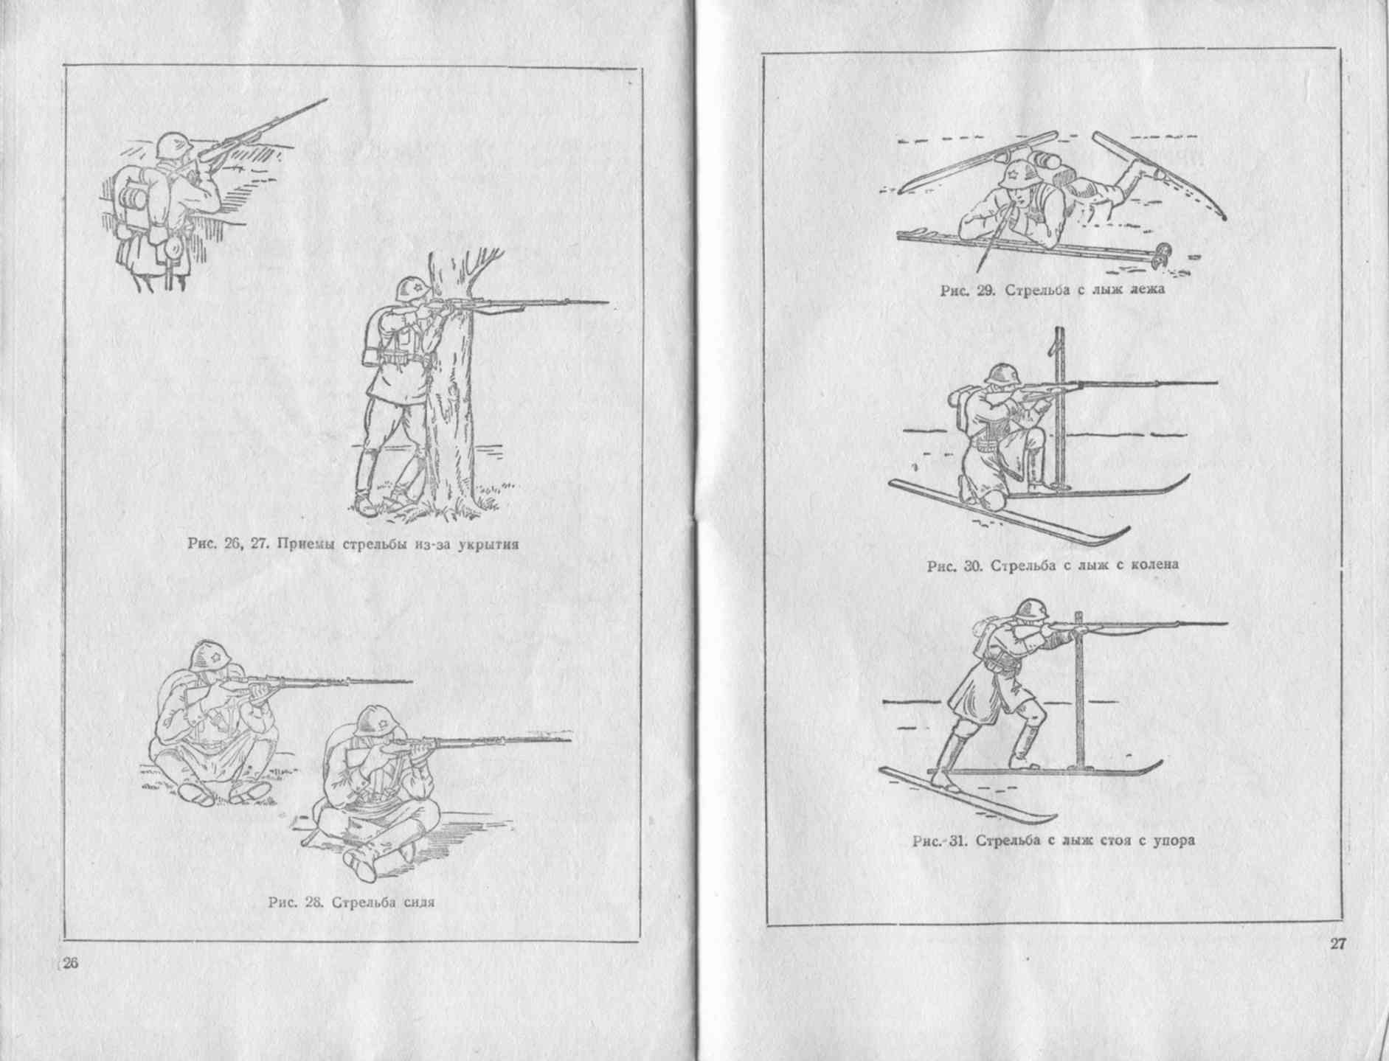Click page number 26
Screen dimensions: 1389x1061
click(x=69, y=964)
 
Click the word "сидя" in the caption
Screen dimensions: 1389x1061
click(x=415, y=903)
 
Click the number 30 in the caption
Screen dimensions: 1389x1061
click(x=971, y=566)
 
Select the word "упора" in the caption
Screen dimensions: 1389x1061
click(x=1171, y=841)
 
